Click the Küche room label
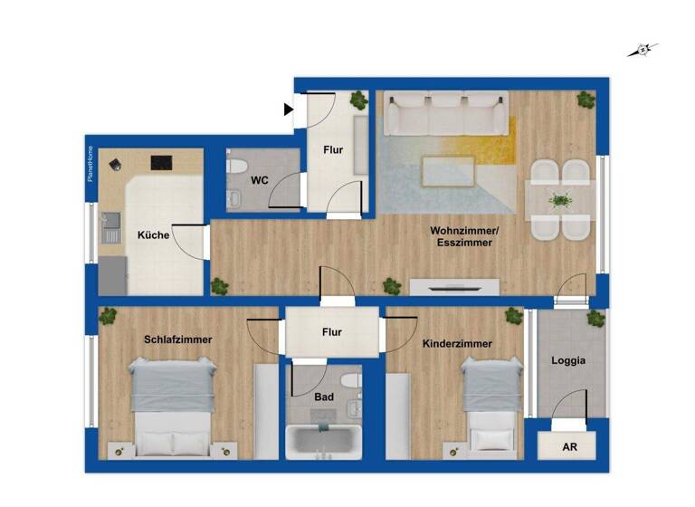pos(153,234)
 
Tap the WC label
pos(260,180)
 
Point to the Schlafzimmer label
pos(177,340)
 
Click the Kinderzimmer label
pos(457,344)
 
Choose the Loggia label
pos(569,359)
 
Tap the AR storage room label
pos(569,447)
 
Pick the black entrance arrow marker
pos(289,110)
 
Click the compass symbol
pos(642,51)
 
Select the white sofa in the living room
pos(444,115)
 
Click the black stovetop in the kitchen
pos(161,163)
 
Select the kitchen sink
pos(110,220)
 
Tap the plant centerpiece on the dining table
pos(560,200)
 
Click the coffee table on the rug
pos(448,170)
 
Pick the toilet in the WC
pos(237,168)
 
